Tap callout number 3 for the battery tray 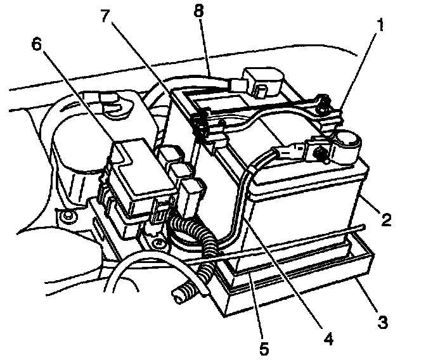(x=382, y=322)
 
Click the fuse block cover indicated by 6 (x=136, y=168)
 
